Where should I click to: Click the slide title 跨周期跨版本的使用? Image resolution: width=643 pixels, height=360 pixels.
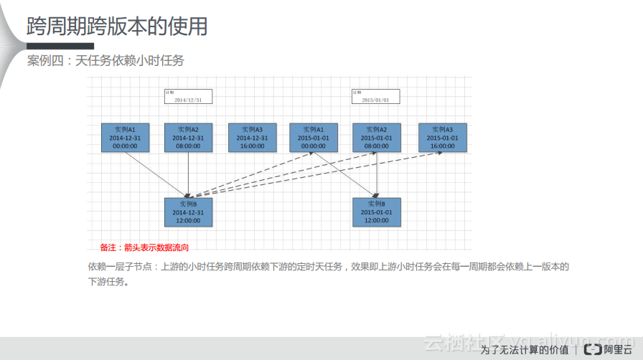tap(117, 27)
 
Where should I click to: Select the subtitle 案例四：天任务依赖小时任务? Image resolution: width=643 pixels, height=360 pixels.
tap(105, 61)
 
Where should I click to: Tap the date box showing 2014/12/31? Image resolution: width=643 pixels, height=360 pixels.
tap(188, 97)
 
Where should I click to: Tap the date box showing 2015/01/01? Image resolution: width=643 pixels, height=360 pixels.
tap(375, 97)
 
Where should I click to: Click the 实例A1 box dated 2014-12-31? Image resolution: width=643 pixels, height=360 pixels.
tap(126, 138)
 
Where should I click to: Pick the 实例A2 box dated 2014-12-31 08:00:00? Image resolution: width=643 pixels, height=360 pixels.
tap(188, 138)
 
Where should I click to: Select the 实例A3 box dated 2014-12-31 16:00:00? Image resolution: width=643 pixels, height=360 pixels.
tap(252, 138)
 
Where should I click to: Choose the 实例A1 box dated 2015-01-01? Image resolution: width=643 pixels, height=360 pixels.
tap(314, 138)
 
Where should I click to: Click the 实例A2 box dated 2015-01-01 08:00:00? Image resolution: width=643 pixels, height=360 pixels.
tap(377, 138)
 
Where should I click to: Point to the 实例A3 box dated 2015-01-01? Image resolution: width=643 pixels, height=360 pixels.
tap(442, 138)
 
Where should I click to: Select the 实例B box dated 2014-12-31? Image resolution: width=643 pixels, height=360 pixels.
tap(188, 212)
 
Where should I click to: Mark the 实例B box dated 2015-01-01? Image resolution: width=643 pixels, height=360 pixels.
tap(377, 212)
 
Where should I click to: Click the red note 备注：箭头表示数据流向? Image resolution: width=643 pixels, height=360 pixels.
tap(144, 248)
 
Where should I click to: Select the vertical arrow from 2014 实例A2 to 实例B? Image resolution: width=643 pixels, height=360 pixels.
tap(188, 175)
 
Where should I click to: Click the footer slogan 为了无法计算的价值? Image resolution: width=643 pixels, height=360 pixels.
tap(525, 350)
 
